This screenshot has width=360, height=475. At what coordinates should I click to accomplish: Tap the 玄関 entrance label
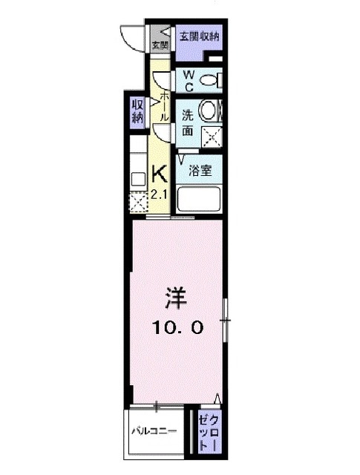pos(160,45)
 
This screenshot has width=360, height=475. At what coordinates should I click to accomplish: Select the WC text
pos(189,80)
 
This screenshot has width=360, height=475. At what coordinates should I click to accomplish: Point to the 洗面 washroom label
pos(188,122)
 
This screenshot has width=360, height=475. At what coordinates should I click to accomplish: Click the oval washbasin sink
pos(209,111)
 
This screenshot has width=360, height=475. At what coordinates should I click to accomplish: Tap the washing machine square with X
pos(213,135)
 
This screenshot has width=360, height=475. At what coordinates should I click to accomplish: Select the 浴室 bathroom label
pos(200,170)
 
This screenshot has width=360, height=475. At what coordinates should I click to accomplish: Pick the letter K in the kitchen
pos(160,174)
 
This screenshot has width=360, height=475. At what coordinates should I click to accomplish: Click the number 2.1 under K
pos(160,194)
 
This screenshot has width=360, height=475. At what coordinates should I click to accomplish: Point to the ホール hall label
pos(163,104)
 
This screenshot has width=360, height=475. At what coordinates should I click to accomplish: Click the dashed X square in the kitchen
pos(139,202)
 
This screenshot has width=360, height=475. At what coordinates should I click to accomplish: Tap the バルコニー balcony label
pos(154,430)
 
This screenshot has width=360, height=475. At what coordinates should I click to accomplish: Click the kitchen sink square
pos(138,178)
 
